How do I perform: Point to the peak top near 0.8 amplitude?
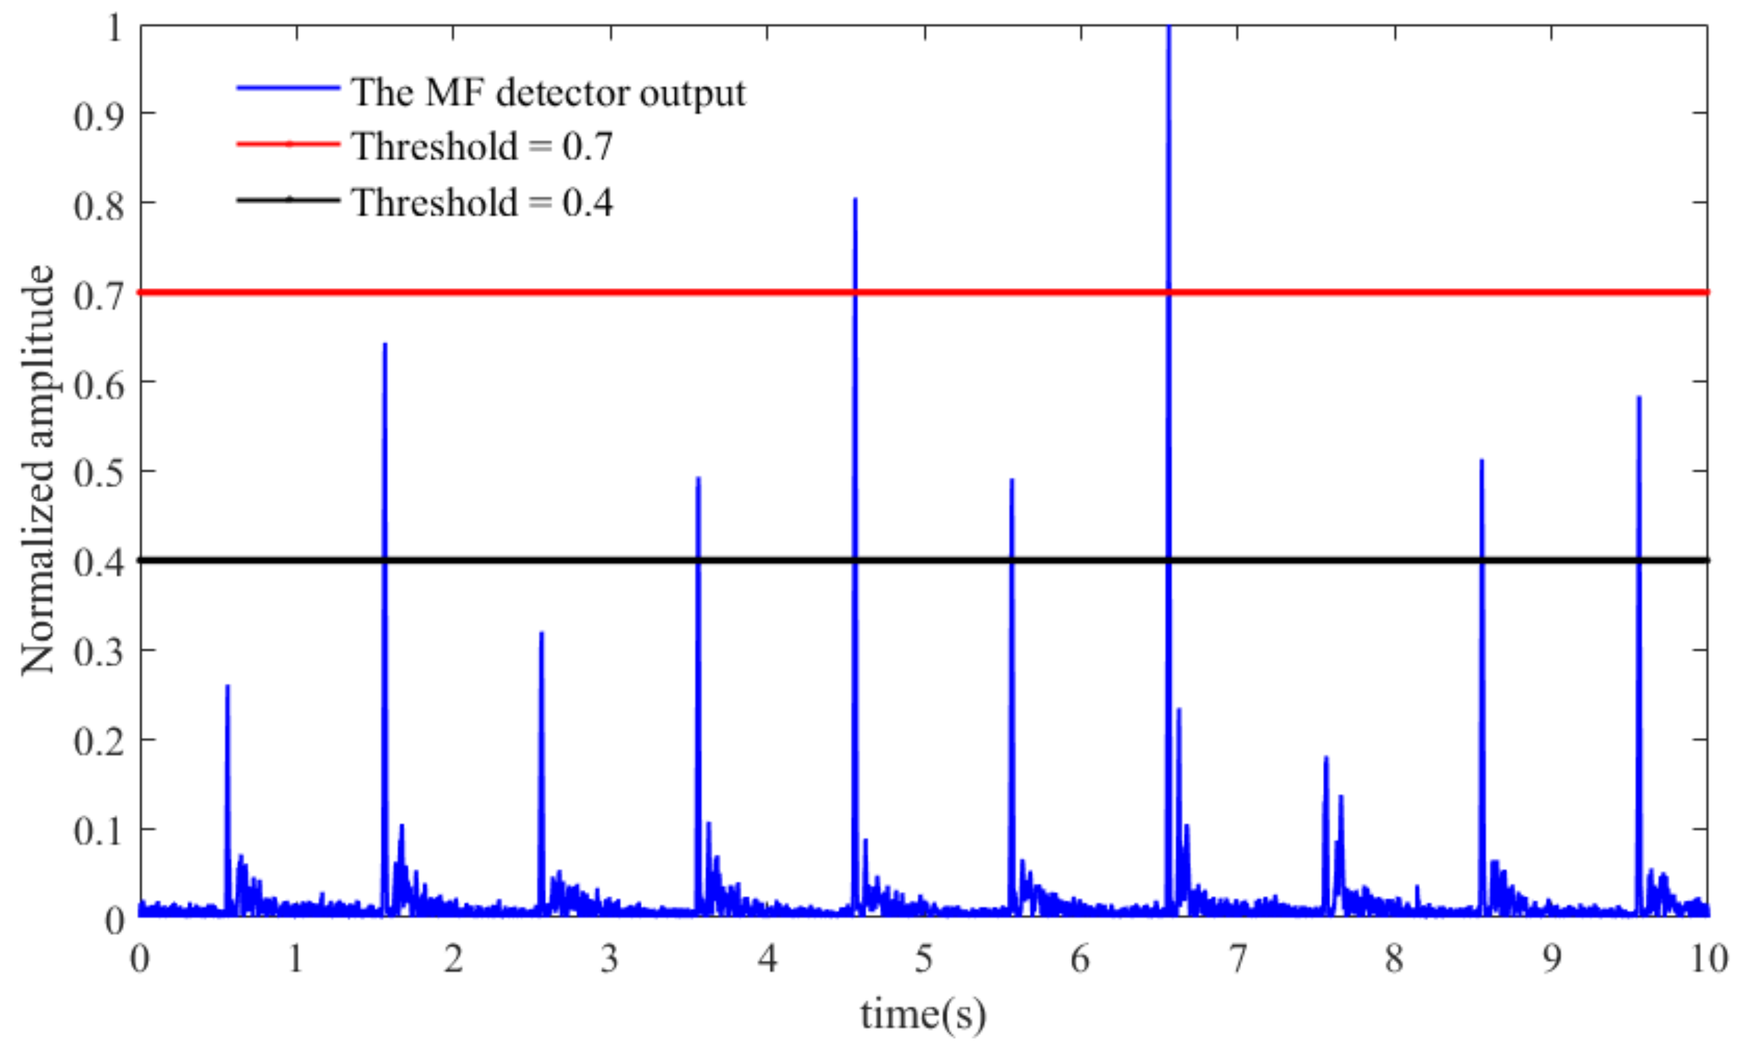(855, 200)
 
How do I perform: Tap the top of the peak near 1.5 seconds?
(385, 344)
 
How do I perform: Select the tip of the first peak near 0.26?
(227, 686)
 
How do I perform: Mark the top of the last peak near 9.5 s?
(1639, 398)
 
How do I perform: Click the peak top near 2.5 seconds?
(542, 634)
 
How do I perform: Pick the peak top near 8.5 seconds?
(1481, 461)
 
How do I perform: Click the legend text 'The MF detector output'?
(548, 93)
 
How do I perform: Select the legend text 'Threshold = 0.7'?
(482, 146)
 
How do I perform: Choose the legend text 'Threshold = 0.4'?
(482, 202)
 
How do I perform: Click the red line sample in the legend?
(288, 144)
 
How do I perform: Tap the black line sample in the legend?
(288, 200)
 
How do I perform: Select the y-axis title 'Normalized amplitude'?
(36, 469)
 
